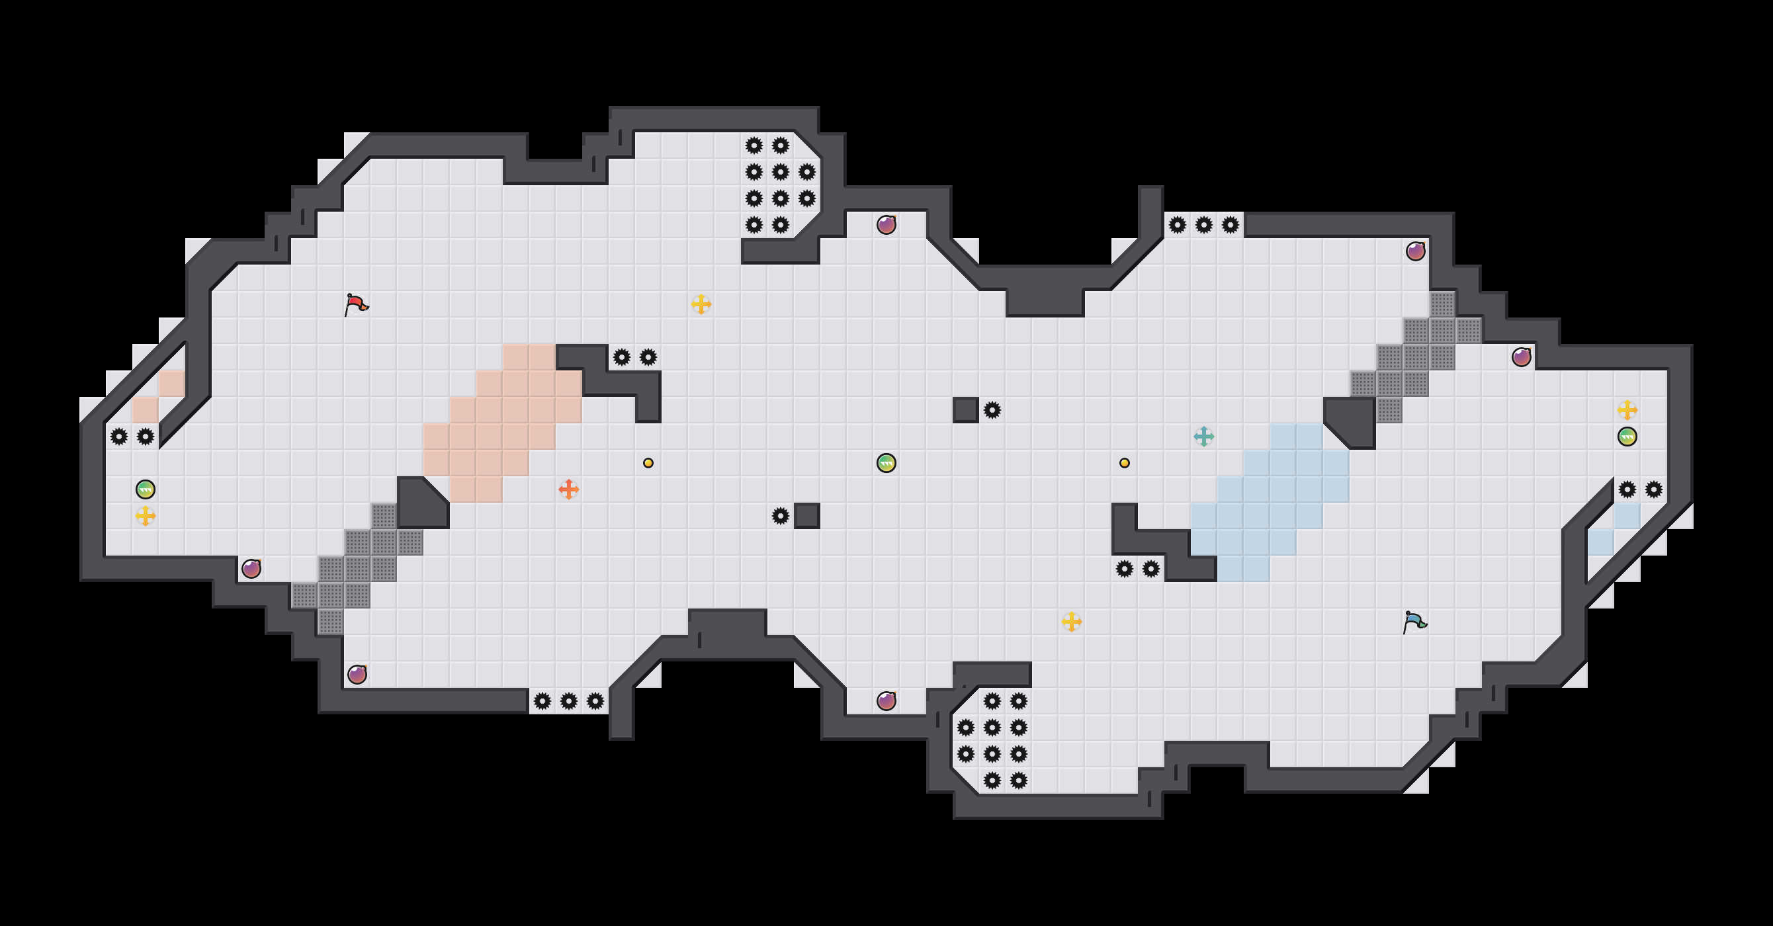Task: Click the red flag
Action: click(355, 304)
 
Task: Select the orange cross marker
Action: click(568, 489)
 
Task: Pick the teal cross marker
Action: click(1204, 436)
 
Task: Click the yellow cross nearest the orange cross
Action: click(701, 304)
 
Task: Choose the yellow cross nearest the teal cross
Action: click(1072, 622)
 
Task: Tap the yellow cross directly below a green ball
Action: click(146, 515)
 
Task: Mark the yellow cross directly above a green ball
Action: click(1627, 410)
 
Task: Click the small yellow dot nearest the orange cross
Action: click(648, 463)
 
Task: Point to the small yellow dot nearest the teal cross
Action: click(1124, 463)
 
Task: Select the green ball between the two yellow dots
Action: click(886, 463)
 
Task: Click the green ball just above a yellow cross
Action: click(146, 489)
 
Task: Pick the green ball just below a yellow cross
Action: click(1627, 437)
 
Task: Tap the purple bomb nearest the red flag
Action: click(251, 569)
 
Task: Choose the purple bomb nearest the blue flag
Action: click(1521, 357)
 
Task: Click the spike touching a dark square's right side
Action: click(992, 410)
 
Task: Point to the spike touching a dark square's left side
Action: click(780, 516)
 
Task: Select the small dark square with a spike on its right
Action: click(966, 410)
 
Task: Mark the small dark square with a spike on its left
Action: click(806, 516)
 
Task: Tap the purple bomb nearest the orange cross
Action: click(357, 674)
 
